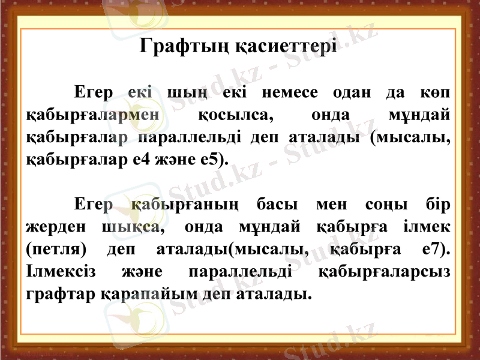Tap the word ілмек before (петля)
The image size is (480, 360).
[425, 227]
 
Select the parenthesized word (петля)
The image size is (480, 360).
[55, 249]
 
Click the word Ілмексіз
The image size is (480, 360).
[61, 271]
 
